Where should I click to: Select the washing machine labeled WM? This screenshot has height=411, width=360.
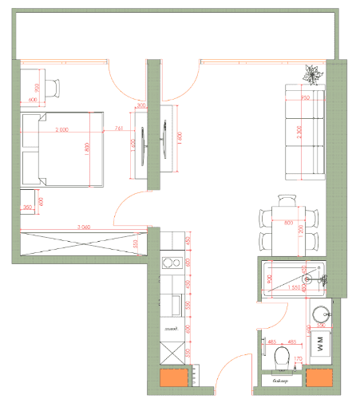coord(321,346)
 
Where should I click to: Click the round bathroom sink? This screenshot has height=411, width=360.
coord(322,314)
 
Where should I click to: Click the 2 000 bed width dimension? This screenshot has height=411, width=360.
coord(61,130)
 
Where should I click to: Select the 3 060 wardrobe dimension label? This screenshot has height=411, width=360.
coord(83,227)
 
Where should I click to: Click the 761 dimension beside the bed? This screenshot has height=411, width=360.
coord(118,128)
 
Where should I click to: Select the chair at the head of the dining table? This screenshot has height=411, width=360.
coord(287,200)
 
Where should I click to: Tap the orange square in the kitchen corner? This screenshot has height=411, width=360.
coord(173,379)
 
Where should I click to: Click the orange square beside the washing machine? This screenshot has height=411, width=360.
coord(320,380)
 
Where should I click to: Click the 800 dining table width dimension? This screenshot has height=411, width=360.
coord(288,223)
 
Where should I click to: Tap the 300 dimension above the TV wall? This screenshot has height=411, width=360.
coord(141,105)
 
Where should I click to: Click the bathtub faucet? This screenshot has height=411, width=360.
coord(325,279)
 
